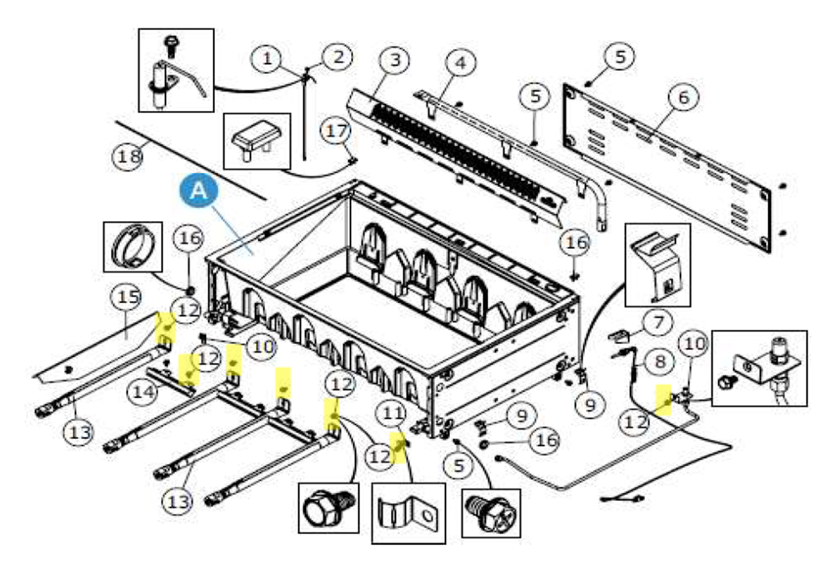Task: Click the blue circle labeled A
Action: point(199,191)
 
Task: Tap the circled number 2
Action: point(337,57)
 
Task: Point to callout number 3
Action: point(394,60)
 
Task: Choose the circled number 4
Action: point(461,63)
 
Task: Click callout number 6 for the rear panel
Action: point(683,97)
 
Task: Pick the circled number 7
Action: point(658,322)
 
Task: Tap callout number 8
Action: point(660,361)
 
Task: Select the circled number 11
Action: point(393,413)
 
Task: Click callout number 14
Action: point(143,392)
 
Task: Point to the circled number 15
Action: point(127,297)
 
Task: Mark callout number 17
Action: point(337,131)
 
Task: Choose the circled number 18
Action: point(128,157)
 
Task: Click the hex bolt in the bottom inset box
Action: point(328,508)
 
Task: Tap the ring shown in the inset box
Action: point(133,247)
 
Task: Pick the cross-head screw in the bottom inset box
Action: point(491,514)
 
